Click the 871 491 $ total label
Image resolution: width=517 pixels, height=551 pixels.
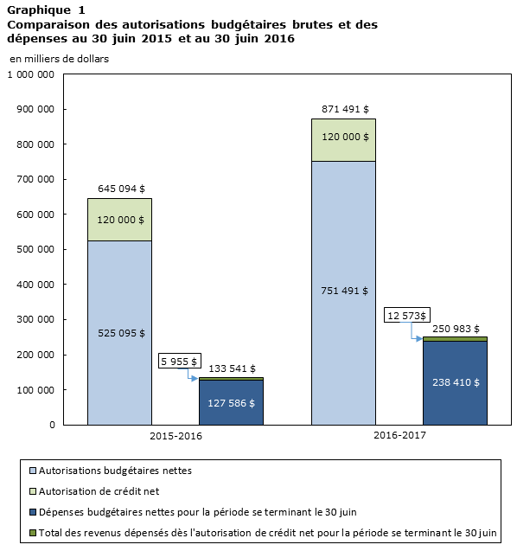[345, 109]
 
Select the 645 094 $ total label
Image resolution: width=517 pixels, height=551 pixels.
[121, 189]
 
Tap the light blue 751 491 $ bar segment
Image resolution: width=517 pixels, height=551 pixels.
[343, 293]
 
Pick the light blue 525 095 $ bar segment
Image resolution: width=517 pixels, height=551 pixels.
[120, 333]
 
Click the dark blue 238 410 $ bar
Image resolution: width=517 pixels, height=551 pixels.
[455, 383]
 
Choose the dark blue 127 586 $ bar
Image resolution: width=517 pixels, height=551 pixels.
[231, 402]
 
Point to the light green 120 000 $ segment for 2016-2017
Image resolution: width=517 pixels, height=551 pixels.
[343, 140]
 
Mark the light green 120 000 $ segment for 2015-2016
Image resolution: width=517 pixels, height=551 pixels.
[120, 220]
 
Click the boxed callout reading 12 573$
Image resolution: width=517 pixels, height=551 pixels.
[406, 315]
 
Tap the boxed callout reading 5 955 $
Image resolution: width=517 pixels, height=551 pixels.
[180, 361]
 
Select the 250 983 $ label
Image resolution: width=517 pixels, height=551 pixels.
[456, 329]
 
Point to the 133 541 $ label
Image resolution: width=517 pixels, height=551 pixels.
[233, 368]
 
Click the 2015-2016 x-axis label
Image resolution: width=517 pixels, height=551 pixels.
[176, 436]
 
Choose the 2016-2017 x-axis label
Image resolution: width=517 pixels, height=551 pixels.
[399, 435]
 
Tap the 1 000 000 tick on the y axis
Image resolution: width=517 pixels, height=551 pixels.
[31, 74]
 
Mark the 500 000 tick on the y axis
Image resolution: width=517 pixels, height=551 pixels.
[35, 249]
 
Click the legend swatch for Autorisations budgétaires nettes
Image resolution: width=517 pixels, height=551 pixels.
[33, 471]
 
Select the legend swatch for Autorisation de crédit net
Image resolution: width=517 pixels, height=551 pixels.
[33, 491]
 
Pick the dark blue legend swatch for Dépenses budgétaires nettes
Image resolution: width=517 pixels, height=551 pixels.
[33, 512]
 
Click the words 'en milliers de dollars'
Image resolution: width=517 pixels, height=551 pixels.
[60, 59]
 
